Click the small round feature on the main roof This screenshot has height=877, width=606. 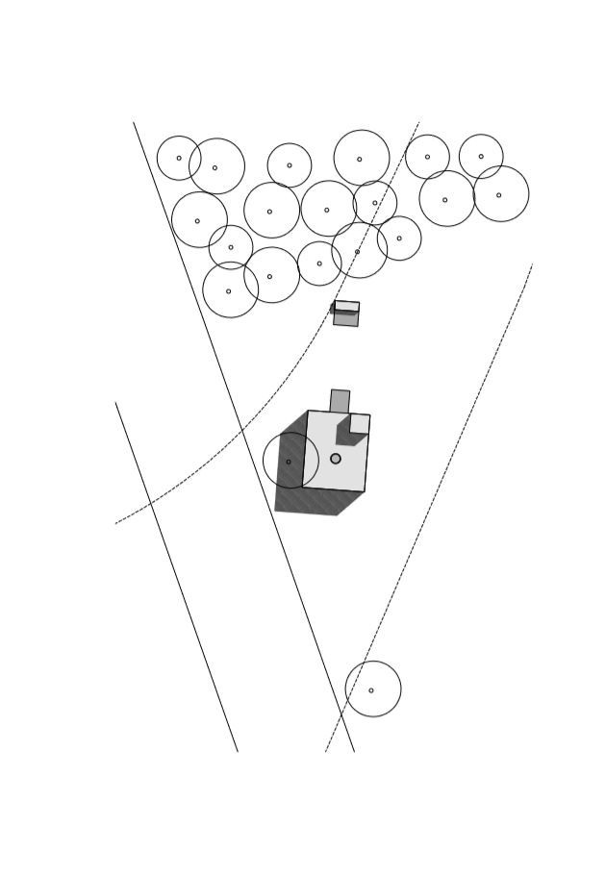pyautogui.click(x=336, y=459)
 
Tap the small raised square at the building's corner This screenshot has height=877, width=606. pyautogui.click(x=360, y=423)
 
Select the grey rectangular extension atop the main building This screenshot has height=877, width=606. pyautogui.click(x=340, y=401)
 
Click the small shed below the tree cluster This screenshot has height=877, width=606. pyautogui.click(x=346, y=314)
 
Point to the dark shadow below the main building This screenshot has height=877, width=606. pyautogui.click(x=317, y=501)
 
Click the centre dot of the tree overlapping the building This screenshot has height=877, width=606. pyautogui.click(x=289, y=462)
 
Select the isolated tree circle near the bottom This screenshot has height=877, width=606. pyautogui.click(x=373, y=689)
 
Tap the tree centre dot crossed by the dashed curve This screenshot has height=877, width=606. pyautogui.click(x=357, y=252)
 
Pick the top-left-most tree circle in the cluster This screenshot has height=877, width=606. pyautogui.click(x=179, y=158)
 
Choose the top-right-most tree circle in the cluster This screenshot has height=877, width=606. pyautogui.click(x=481, y=156)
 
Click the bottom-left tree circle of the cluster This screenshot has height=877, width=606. pyautogui.click(x=230, y=289)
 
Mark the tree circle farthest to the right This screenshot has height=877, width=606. pyautogui.click(x=500, y=194)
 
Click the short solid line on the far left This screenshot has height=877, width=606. pyautogui.click(x=176, y=577)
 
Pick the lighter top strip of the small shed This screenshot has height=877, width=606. pyautogui.click(x=347, y=306)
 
